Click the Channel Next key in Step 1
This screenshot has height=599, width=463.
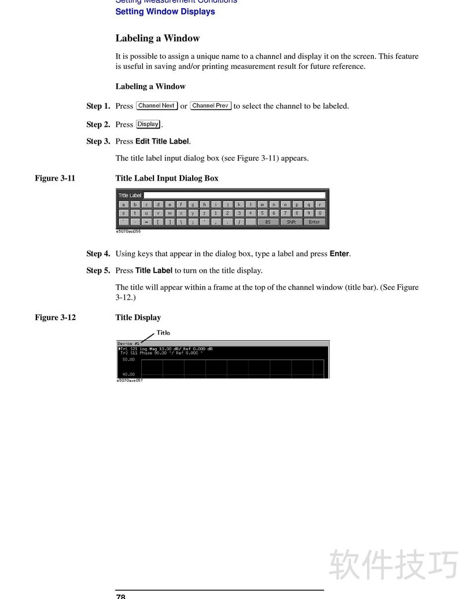[x=157, y=106]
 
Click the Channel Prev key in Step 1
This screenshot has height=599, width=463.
[x=211, y=106]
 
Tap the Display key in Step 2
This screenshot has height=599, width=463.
[x=148, y=124]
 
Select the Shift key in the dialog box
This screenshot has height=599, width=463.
[x=291, y=222]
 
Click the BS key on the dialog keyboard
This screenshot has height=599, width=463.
[x=267, y=222]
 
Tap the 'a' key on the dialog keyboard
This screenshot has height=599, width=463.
[x=123, y=204]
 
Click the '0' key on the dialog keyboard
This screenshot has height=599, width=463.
[x=319, y=213]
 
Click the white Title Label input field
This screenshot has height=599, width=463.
[x=234, y=196]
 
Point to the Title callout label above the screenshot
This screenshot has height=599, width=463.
[x=163, y=333]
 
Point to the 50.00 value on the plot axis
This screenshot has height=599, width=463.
[x=128, y=359]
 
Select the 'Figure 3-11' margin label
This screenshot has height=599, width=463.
[x=55, y=178]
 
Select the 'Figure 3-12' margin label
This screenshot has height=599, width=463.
[x=55, y=317]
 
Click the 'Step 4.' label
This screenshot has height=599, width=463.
[x=98, y=253]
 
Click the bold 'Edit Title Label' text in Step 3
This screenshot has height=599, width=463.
[x=162, y=141]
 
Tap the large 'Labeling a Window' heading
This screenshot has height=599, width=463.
[x=157, y=39]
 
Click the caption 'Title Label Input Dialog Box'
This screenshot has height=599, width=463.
[x=167, y=178]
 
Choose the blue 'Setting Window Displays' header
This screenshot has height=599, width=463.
[x=165, y=12]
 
